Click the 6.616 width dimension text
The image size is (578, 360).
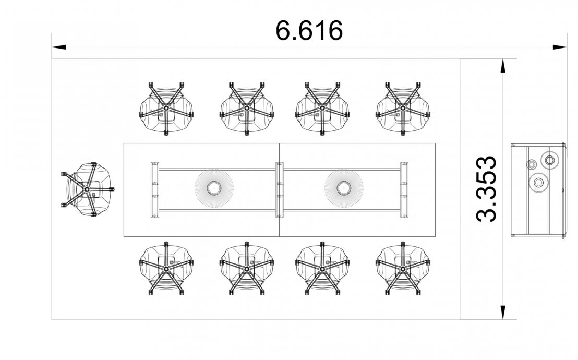tap(309, 30)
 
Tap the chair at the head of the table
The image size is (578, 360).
tap(88, 189)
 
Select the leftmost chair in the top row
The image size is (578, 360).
tap(166, 109)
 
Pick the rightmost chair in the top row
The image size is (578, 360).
tap(403, 109)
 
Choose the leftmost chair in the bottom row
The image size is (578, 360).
tap(166, 269)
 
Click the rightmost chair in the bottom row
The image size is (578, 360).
tap(403, 269)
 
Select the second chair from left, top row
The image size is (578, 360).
tap(247, 109)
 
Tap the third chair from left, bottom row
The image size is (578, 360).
tap(322, 269)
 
